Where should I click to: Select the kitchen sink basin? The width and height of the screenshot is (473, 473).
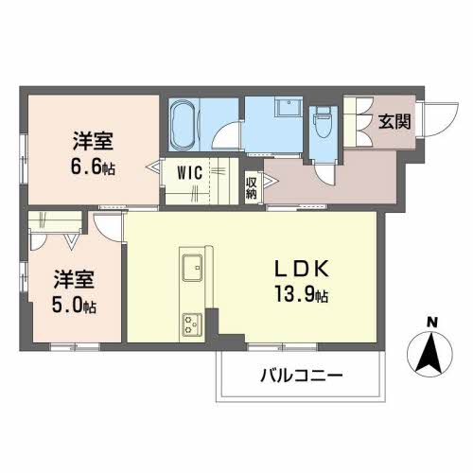click(192, 268)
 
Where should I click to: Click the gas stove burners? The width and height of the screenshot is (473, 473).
click(192, 324)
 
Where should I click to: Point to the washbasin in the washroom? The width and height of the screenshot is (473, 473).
click(289, 108)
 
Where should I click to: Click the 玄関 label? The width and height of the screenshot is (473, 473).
click(394, 121)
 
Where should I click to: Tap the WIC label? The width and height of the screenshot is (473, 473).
click(189, 173)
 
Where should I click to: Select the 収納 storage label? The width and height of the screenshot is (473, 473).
click(252, 188)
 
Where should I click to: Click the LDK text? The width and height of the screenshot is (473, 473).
click(303, 269)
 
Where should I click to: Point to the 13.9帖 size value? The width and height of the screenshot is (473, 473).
click(302, 294)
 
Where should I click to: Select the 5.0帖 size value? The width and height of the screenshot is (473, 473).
click(74, 305)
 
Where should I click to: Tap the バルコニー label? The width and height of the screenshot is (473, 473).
click(301, 376)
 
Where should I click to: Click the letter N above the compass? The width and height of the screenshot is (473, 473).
click(431, 323)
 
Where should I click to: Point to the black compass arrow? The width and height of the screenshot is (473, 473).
click(429, 354)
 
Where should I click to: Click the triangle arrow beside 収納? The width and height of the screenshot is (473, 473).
click(270, 182)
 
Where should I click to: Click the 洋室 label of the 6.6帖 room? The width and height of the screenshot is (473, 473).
click(93, 141)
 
